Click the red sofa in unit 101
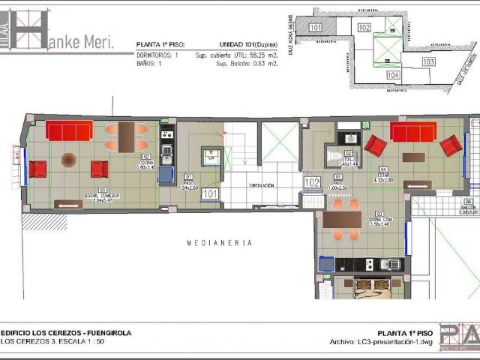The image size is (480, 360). [69, 131]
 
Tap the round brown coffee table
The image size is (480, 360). [68, 159]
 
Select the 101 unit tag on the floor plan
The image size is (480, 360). [210, 193]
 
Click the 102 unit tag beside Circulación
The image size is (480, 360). [312, 181]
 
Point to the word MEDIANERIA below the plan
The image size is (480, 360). [220, 243]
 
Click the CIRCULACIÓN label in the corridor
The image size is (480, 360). [262, 185]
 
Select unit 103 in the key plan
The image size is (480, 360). [428, 61]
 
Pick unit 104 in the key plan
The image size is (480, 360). [393, 75]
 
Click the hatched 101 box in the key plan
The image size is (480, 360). [316, 28]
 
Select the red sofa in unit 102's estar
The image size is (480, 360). [412, 132]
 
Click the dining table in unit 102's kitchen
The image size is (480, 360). [342, 219]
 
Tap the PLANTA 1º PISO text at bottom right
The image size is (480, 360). [404, 332]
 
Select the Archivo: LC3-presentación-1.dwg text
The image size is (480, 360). [381, 342]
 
